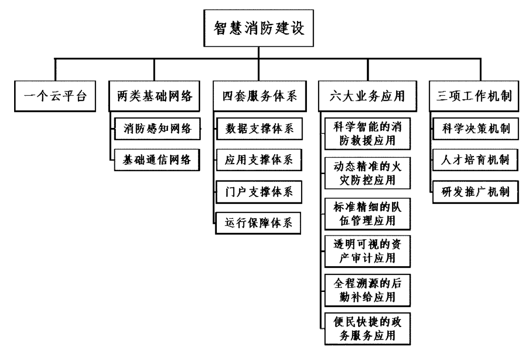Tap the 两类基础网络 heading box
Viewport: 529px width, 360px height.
(155, 95)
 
